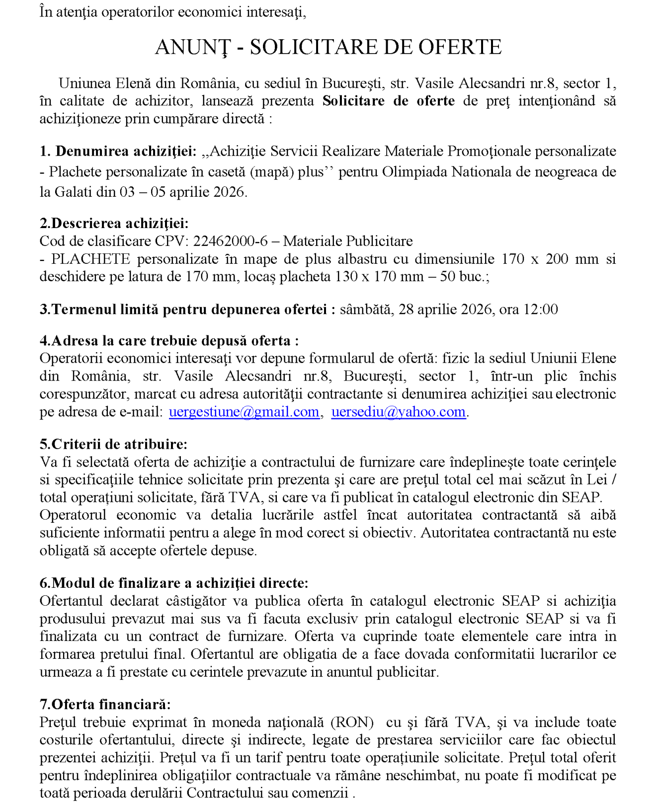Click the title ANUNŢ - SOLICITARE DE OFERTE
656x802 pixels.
pos(328,47)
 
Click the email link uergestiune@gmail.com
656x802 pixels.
pos(244,412)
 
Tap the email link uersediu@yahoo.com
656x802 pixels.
pos(399,412)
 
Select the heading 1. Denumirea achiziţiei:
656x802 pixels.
pos(118,151)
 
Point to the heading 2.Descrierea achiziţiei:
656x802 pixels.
pos(114,223)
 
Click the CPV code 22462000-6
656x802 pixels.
pos(230,241)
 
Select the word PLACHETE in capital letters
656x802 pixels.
pos(90,259)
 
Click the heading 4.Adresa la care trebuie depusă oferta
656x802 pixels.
pos(169,341)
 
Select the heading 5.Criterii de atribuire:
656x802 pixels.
pos(114,444)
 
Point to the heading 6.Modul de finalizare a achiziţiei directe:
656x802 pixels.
pos(174,583)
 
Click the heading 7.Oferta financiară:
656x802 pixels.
pos(105,704)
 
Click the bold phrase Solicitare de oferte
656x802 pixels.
pos(389,101)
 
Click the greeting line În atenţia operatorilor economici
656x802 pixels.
pos(172,12)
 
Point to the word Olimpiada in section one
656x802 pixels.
pos(415,172)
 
